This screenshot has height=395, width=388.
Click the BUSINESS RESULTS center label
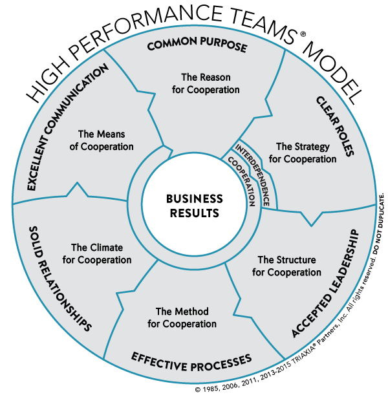coord(195,206)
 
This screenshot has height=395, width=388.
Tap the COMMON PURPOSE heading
coord(197,45)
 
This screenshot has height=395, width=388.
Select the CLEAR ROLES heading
coord(335,126)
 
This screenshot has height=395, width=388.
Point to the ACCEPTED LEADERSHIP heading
coord(325,283)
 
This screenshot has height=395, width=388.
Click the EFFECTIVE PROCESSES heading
coord(191,362)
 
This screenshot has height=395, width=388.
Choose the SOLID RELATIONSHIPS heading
coord(60,279)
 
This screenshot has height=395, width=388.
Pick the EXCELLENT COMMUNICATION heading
coord(67,127)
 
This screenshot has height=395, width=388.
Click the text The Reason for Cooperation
coord(206,83)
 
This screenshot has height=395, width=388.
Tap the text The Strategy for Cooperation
coord(303,153)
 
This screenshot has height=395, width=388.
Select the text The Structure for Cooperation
coord(286,266)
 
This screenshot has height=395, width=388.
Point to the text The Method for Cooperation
coord(182,317)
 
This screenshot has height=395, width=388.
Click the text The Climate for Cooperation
coord(97,253)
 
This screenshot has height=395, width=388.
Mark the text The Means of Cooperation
coord(102,140)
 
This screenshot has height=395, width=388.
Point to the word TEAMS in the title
coord(263,23)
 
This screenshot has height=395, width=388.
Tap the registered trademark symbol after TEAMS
coord(303,34)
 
